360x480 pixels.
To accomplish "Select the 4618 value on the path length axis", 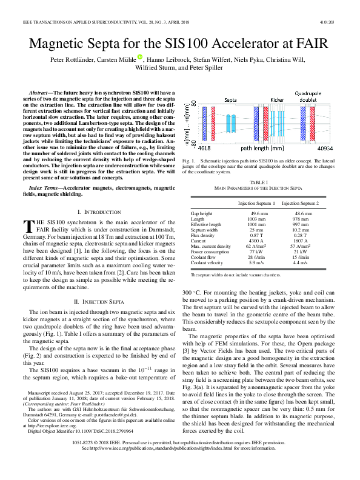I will [x=204, y=147].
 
